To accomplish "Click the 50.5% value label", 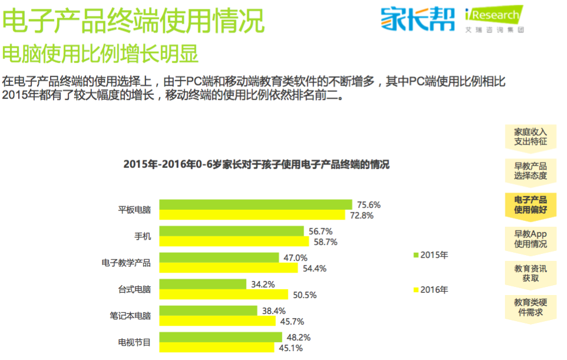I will tap(305, 295).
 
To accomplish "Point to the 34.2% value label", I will tap(263, 284).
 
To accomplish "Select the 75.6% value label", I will tap(369, 204).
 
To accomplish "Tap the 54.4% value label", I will tap(314, 268).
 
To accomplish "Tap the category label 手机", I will tap(142, 236).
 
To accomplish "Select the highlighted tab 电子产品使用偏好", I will tap(530, 204).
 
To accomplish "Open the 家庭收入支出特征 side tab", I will tap(530, 136).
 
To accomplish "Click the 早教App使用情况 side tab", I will tap(530, 239).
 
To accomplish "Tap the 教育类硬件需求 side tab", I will tap(530, 307).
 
